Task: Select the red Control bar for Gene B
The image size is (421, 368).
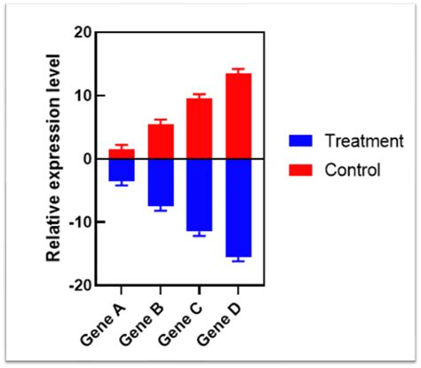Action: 161,141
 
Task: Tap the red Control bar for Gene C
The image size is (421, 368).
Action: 199,129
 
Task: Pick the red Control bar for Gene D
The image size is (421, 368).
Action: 238,116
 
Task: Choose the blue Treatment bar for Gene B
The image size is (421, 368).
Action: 161,182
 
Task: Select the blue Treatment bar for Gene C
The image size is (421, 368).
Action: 199,195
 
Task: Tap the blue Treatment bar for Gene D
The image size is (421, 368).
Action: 238,208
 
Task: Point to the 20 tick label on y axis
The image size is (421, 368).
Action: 83,32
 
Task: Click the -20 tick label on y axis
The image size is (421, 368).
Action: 81,285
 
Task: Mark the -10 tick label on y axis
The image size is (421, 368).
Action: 81,222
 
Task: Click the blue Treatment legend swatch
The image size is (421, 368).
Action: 300,140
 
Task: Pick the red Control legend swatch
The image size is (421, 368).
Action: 300,170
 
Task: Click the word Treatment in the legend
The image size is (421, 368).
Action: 364,140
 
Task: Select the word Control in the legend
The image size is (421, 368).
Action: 353,170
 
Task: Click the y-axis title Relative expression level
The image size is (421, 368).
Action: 53,158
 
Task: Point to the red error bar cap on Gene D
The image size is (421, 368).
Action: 238,68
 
